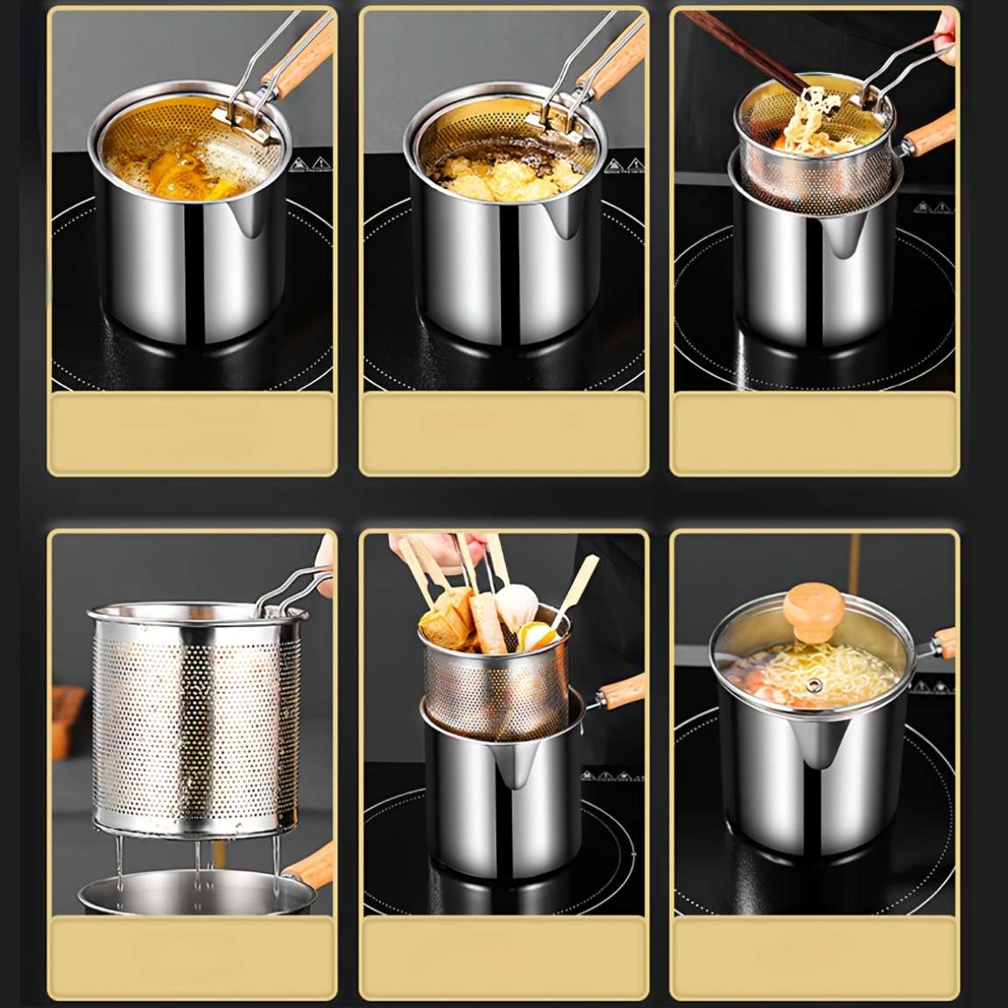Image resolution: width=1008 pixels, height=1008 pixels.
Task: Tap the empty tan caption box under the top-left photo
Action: coord(192,434)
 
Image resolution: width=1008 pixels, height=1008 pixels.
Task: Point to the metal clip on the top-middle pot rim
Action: coord(553,128)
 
